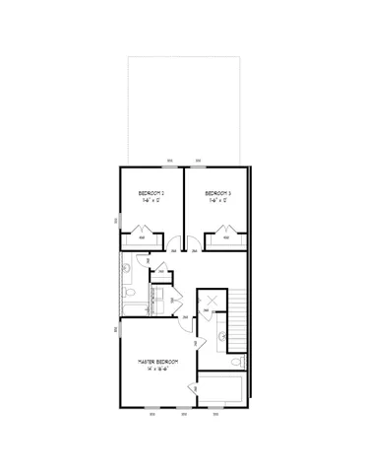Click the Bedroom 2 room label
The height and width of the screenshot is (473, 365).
[x=150, y=192]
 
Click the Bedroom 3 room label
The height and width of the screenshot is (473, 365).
[x=216, y=192]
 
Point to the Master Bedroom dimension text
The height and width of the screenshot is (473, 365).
[x=157, y=370]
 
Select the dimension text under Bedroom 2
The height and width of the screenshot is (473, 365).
[x=150, y=200]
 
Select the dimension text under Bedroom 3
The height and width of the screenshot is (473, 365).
[x=216, y=200]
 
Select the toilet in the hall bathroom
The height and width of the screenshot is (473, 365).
[x=129, y=292]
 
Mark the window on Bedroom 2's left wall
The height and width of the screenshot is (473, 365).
[x=119, y=221]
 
